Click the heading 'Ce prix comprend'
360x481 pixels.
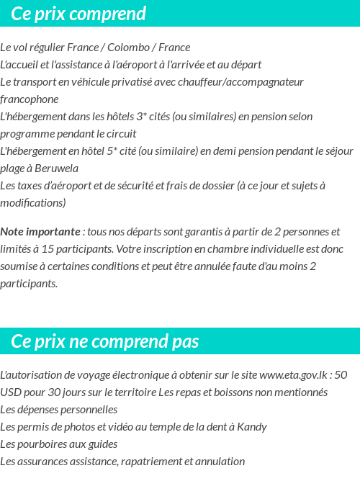tap(78, 14)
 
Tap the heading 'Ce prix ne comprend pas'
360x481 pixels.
tap(105, 341)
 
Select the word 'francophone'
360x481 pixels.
tap(30, 99)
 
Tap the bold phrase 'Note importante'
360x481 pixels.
tap(40, 232)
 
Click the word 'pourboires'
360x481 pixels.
tap(45, 444)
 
